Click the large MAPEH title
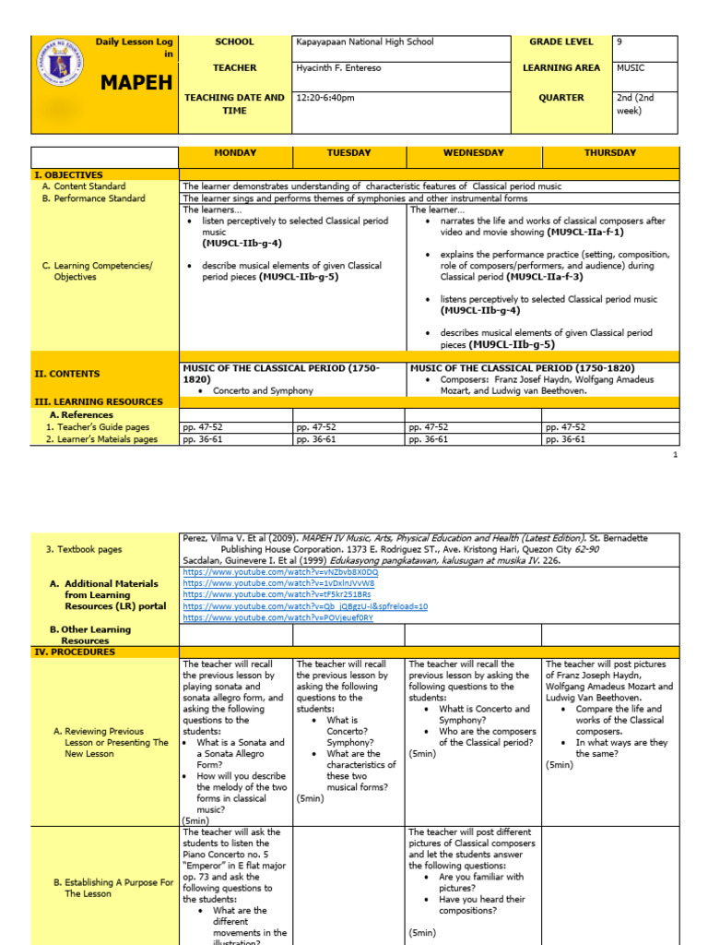point(136,83)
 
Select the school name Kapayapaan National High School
point(364,42)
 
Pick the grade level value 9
point(619,42)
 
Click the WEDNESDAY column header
point(474,152)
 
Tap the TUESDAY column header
point(348,152)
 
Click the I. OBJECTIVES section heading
point(69,174)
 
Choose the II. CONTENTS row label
point(67,374)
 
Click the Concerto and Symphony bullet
point(263,390)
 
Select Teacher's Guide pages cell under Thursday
point(565,427)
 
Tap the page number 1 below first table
point(676,455)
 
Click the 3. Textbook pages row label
point(84,549)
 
